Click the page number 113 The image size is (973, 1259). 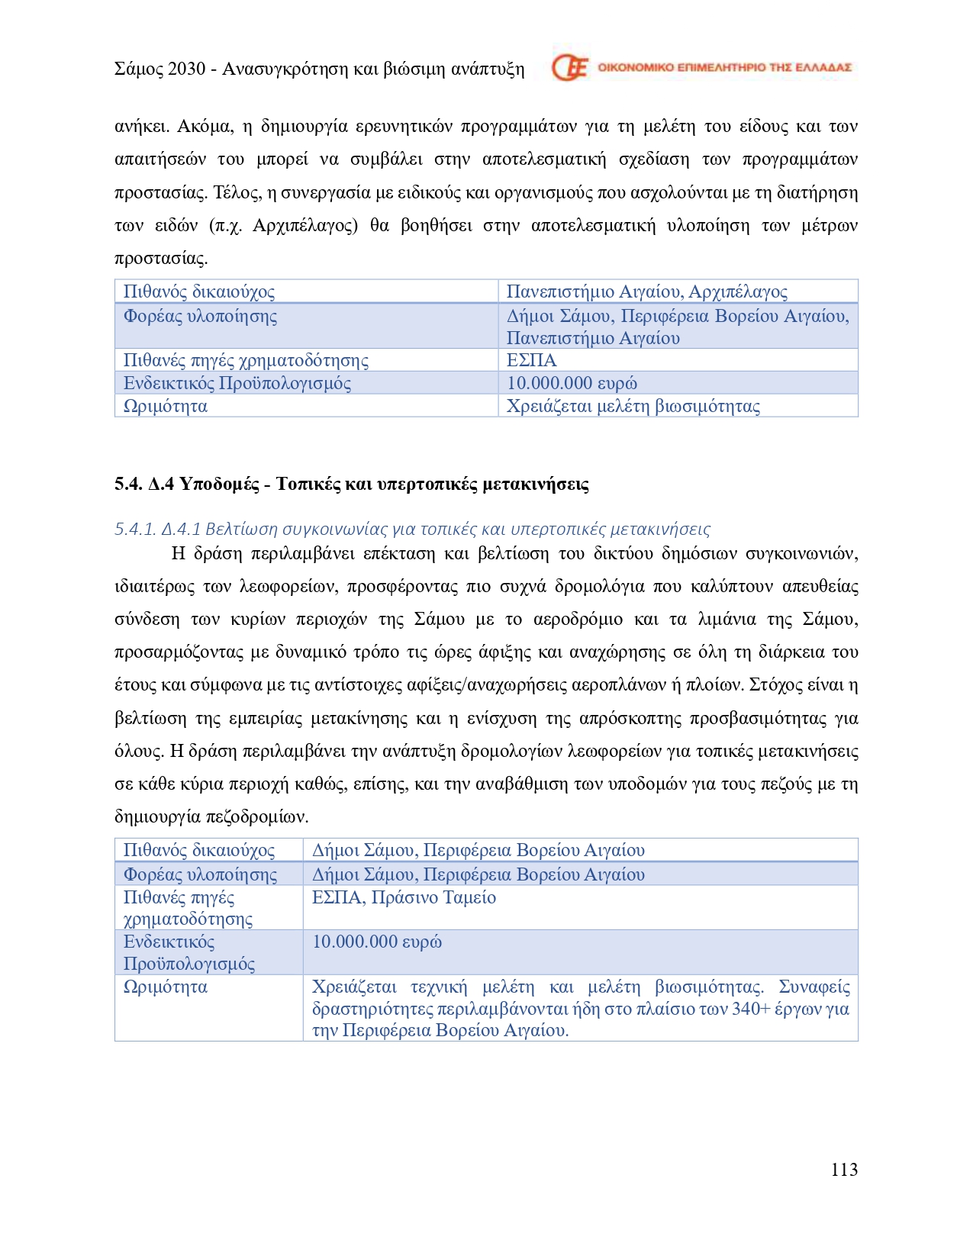click(844, 1170)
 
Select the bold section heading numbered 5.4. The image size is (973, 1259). click(351, 484)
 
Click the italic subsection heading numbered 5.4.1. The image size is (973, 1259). click(412, 529)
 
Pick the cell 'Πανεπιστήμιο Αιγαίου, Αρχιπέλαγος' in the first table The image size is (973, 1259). click(646, 291)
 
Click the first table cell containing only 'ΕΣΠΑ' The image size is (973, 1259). click(532, 360)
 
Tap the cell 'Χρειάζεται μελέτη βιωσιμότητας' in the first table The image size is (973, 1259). click(633, 406)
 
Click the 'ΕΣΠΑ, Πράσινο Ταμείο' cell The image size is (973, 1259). click(404, 897)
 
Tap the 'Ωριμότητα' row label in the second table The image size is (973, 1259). click(166, 987)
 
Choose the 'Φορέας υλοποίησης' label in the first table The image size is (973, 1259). click(200, 316)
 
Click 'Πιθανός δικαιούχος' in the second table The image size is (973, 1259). click(198, 850)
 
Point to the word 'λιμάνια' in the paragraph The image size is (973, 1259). click(727, 619)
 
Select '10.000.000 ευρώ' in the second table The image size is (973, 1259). click(377, 942)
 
